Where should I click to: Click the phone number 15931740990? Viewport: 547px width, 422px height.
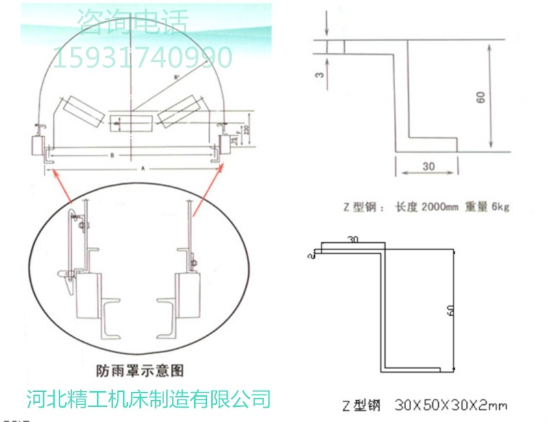pyautogui.click(x=142, y=57)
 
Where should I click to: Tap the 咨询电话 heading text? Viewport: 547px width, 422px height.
pyautogui.click(x=132, y=23)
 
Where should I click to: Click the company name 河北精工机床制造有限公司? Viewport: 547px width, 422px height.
pyautogui.click(x=148, y=398)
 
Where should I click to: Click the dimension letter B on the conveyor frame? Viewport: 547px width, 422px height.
pyautogui.click(x=112, y=156)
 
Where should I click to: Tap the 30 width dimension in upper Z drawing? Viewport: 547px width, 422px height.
pyautogui.click(x=428, y=166)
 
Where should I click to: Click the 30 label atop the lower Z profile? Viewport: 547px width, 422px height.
pyautogui.click(x=352, y=240)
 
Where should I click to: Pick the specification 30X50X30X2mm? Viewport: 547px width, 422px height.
pyautogui.click(x=451, y=405)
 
